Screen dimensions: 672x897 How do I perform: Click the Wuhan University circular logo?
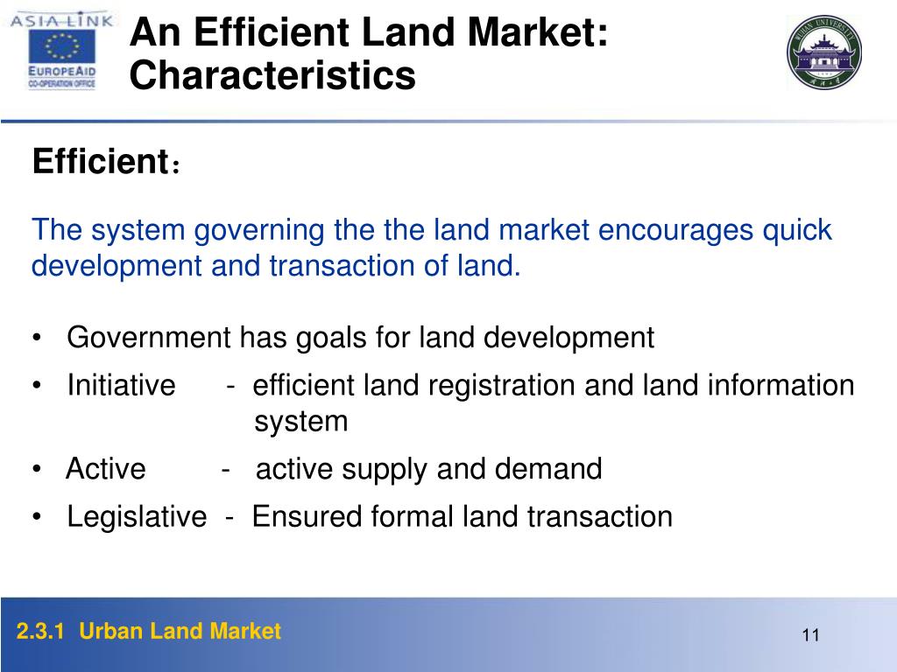pyautogui.click(x=823, y=52)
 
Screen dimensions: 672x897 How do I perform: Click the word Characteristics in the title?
pyautogui.click(x=272, y=75)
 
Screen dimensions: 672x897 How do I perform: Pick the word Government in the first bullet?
pyautogui.click(x=150, y=337)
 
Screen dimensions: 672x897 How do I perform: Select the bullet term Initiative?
pyautogui.click(x=121, y=385)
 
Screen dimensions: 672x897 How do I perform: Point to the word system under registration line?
pyautogui.click(x=301, y=422)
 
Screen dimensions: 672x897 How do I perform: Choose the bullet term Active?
pyautogui.click(x=106, y=469)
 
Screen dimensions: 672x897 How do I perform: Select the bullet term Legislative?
pyautogui.click(x=137, y=516)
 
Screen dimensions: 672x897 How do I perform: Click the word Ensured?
pyautogui.click(x=307, y=516)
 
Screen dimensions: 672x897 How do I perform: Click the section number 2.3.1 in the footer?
pyautogui.click(x=42, y=632)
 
